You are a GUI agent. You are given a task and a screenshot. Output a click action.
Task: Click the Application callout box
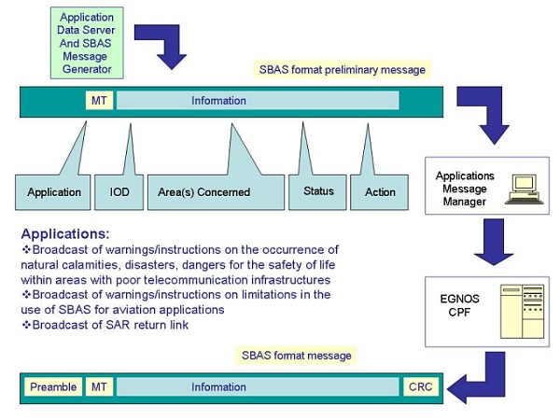click(53, 192)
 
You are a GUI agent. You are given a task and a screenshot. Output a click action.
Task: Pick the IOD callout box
click(119, 192)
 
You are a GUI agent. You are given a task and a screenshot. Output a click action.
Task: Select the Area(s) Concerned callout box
click(216, 192)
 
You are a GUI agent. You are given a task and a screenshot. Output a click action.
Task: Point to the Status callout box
click(318, 191)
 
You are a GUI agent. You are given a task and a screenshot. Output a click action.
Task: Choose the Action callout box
click(380, 192)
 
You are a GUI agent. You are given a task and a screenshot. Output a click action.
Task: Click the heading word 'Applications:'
click(64, 233)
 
